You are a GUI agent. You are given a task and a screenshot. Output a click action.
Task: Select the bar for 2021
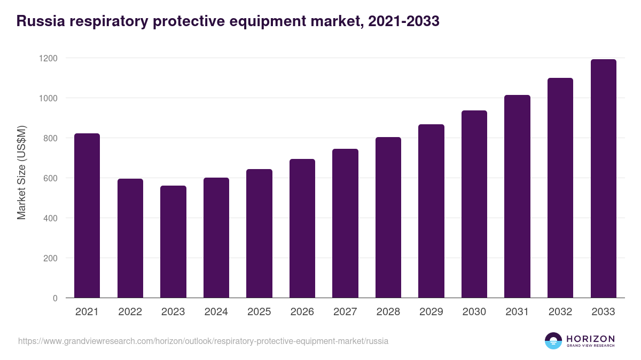point(87,215)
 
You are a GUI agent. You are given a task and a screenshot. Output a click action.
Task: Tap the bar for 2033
point(603,179)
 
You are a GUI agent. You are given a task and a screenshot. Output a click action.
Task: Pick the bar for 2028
point(388,218)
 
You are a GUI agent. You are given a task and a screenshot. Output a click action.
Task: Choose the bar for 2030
point(474,204)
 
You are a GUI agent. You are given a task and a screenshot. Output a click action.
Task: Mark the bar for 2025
point(259,234)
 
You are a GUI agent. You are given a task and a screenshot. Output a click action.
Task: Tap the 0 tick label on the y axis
point(55,298)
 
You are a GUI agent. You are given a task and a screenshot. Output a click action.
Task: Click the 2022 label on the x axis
point(130,312)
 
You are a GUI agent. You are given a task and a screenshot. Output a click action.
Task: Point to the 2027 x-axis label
point(345,312)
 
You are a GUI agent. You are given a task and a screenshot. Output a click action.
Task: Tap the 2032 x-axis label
point(560,312)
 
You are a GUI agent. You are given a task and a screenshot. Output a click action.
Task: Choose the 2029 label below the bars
point(431,312)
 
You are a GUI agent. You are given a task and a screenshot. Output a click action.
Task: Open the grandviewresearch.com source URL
point(203,341)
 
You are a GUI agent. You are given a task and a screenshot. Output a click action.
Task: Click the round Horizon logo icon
point(553,341)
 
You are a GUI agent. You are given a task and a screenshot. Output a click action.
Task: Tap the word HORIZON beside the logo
point(590,339)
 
